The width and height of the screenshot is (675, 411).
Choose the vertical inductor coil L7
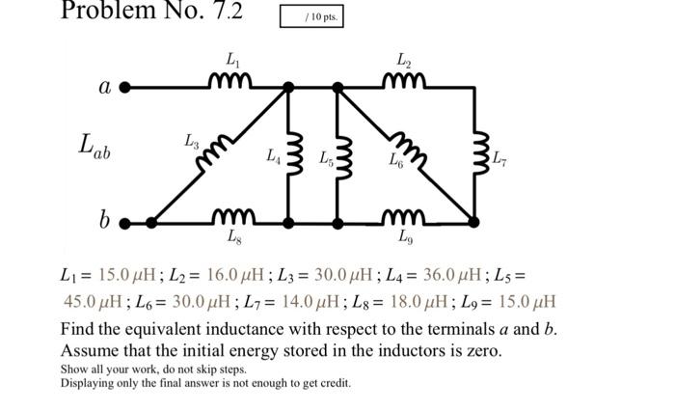pos(473,154)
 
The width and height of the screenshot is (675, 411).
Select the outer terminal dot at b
pos(124,223)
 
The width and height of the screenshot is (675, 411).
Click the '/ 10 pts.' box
pos(310,17)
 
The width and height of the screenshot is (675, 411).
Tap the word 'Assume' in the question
pos(89,350)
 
